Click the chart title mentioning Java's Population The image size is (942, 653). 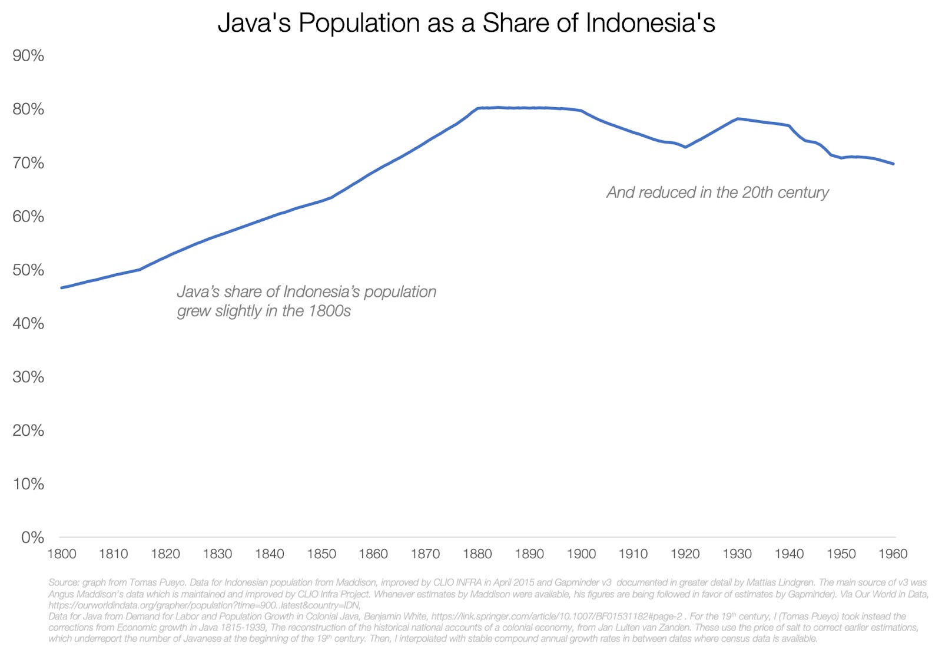pyautogui.click(x=466, y=23)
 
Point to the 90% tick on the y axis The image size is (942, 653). pyautogui.click(x=28, y=56)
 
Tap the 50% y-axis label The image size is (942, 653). pyautogui.click(x=28, y=270)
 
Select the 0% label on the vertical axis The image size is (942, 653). pyautogui.click(x=32, y=538)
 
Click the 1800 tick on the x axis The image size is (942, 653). pyautogui.click(x=62, y=554)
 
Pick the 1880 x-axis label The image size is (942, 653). pyautogui.click(x=477, y=554)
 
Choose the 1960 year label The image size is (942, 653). pyautogui.click(x=893, y=554)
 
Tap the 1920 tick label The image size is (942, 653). pyautogui.click(x=685, y=554)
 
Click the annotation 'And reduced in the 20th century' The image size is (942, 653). pyautogui.click(x=717, y=193)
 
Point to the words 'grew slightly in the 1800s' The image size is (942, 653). pyautogui.click(x=264, y=311)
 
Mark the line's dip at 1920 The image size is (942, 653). pyautogui.click(x=685, y=147)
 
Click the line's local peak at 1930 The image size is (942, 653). pyautogui.click(x=737, y=119)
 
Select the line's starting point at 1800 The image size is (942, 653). pyautogui.click(x=62, y=287)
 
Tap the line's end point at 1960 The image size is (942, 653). pyautogui.click(x=893, y=164)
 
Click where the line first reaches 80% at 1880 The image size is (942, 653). pyautogui.click(x=477, y=108)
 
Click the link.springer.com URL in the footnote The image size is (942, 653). pyautogui.click(x=556, y=616)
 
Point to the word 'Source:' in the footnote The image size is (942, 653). pyautogui.click(x=64, y=583)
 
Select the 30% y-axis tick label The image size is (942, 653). pyautogui.click(x=28, y=377)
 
